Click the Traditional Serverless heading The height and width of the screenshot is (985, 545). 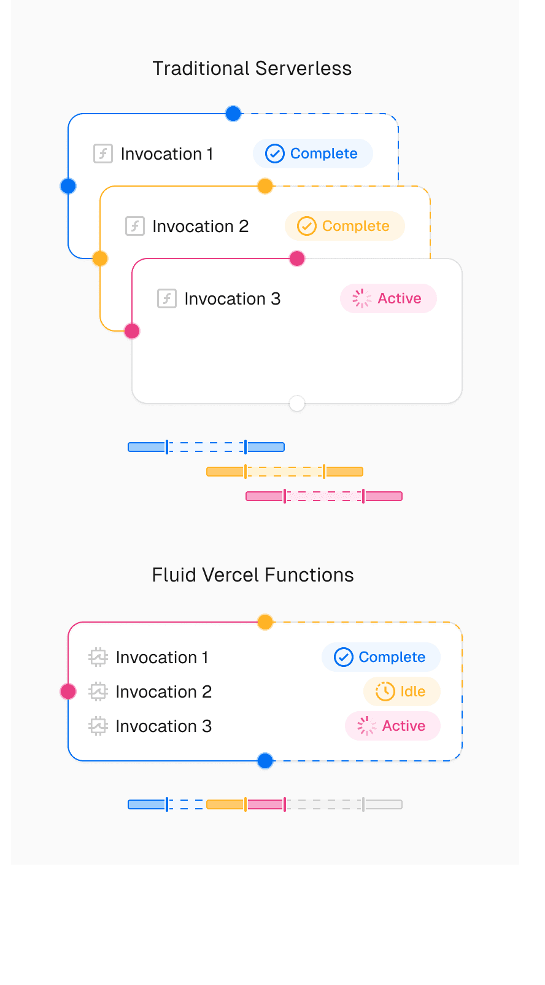pyautogui.click(x=252, y=68)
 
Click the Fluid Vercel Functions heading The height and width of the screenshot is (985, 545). pyautogui.click(x=252, y=575)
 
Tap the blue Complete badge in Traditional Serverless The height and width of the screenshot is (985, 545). pyautogui.click(x=312, y=154)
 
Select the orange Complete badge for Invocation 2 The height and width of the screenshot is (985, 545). pyautogui.click(x=344, y=226)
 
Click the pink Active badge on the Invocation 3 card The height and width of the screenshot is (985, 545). pyautogui.click(x=388, y=298)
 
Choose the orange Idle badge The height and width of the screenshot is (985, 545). pyautogui.click(x=401, y=691)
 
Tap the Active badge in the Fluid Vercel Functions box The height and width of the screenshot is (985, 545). pyautogui.click(x=392, y=726)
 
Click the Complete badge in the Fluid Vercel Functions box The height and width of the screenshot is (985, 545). pyautogui.click(x=381, y=657)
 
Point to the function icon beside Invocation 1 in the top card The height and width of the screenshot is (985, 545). pyautogui.click(x=102, y=154)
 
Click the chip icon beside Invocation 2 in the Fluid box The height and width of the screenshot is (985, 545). pyautogui.click(x=98, y=691)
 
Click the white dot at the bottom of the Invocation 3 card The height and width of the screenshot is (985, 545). pyautogui.click(x=297, y=403)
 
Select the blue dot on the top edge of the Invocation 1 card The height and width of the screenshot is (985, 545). pyautogui.click(x=233, y=114)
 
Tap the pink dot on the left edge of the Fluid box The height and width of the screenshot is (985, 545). pyautogui.click(x=68, y=691)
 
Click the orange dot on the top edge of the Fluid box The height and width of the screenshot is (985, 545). pyautogui.click(x=265, y=622)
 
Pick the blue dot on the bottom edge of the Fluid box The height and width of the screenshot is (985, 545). pyautogui.click(x=265, y=761)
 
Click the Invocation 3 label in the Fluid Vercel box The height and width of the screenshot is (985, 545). pyautogui.click(x=163, y=726)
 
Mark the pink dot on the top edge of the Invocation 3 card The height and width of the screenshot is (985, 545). pyautogui.click(x=297, y=259)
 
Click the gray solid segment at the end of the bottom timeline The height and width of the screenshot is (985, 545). pyautogui.click(x=383, y=804)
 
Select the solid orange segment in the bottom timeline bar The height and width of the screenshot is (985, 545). pyautogui.click(x=225, y=804)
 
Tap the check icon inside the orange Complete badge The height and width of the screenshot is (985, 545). pyautogui.click(x=306, y=226)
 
